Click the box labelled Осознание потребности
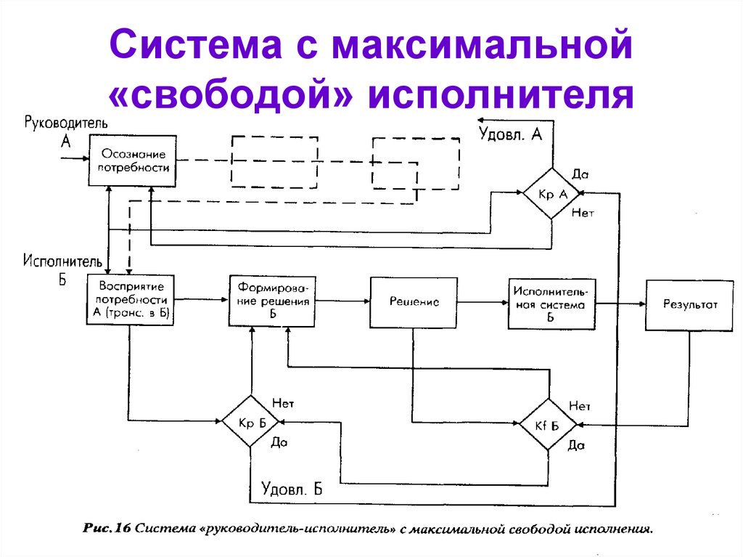click(x=133, y=160)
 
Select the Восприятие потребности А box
click(x=131, y=300)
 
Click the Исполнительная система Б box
click(x=551, y=305)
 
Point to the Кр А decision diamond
click(x=551, y=193)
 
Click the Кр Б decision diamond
click(x=250, y=423)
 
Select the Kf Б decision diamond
click(x=549, y=424)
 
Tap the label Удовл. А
click(x=510, y=134)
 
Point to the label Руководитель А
click(x=67, y=130)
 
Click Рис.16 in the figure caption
click(x=107, y=529)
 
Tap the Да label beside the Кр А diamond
click(x=580, y=175)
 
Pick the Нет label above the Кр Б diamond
click(x=283, y=402)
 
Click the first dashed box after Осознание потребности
click(x=274, y=160)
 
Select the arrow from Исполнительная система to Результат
click(x=620, y=304)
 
